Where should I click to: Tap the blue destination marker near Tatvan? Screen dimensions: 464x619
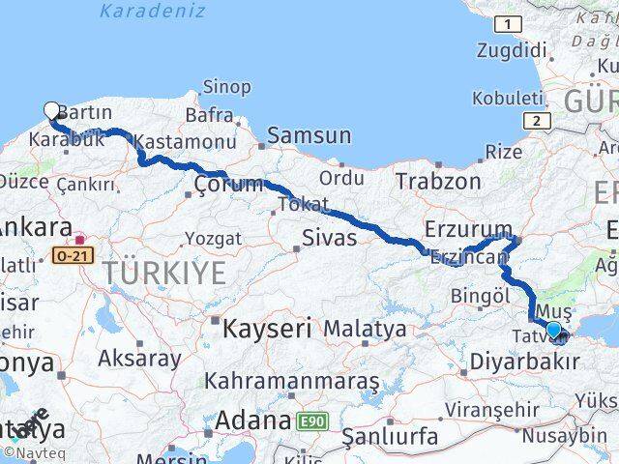pyautogui.click(x=553, y=331)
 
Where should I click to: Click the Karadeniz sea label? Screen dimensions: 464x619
pyautogui.click(x=153, y=12)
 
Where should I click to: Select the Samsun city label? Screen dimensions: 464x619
pyautogui.click(x=309, y=135)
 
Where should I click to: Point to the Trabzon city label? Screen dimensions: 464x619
pyautogui.click(x=438, y=180)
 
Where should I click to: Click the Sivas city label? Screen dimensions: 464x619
pyautogui.click(x=329, y=237)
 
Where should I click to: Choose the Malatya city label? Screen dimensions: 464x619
pyautogui.click(x=365, y=329)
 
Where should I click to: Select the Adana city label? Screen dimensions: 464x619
pyautogui.click(x=254, y=420)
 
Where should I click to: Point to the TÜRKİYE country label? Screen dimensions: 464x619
pyautogui.click(x=165, y=273)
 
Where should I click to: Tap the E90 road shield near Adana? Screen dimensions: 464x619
pyautogui.click(x=311, y=421)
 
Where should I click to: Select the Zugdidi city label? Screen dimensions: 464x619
pyautogui.click(x=510, y=49)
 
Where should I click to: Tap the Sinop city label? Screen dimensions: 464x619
pyautogui.click(x=226, y=87)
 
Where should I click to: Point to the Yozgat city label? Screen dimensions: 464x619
pyautogui.click(x=212, y=237)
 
